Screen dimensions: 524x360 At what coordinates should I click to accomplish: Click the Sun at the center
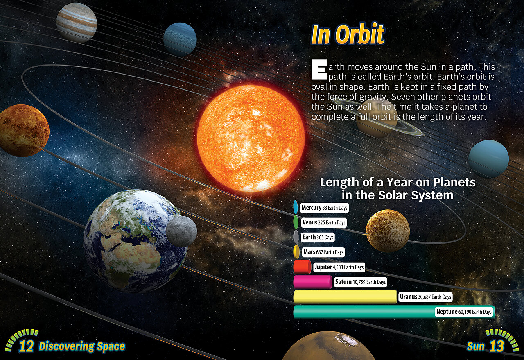click(251, 138)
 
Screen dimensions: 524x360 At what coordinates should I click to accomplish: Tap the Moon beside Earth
click(181, 231)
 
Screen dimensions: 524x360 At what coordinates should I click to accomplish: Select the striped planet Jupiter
click(77, 23)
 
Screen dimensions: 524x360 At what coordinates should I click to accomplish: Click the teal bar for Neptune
click(394, 312)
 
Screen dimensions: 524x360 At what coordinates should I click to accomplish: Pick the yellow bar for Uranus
click(345, 297)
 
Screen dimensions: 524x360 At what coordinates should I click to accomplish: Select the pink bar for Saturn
click(313, 282)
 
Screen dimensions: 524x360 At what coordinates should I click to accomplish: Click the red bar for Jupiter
click(302, 267)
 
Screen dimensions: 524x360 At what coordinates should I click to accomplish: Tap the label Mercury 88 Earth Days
click(324, 208)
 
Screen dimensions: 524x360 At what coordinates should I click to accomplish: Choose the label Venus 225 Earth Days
click(323, 222)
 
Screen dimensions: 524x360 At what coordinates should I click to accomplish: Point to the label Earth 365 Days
click(318, 238)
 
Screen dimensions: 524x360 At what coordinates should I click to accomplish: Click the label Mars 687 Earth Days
click(323, 252)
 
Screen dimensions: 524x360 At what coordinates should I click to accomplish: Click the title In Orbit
click(348, 34)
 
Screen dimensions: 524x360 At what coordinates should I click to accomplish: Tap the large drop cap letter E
click(319, 70)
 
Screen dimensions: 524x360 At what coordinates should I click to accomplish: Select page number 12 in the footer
click(26, 346)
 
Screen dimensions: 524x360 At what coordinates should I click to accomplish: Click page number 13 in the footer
click(497, 346)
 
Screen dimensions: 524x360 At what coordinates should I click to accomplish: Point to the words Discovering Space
click(82, 346)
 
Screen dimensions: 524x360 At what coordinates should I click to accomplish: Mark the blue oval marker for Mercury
click(296, 207)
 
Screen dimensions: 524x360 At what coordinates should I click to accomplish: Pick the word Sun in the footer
click(475, 346)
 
